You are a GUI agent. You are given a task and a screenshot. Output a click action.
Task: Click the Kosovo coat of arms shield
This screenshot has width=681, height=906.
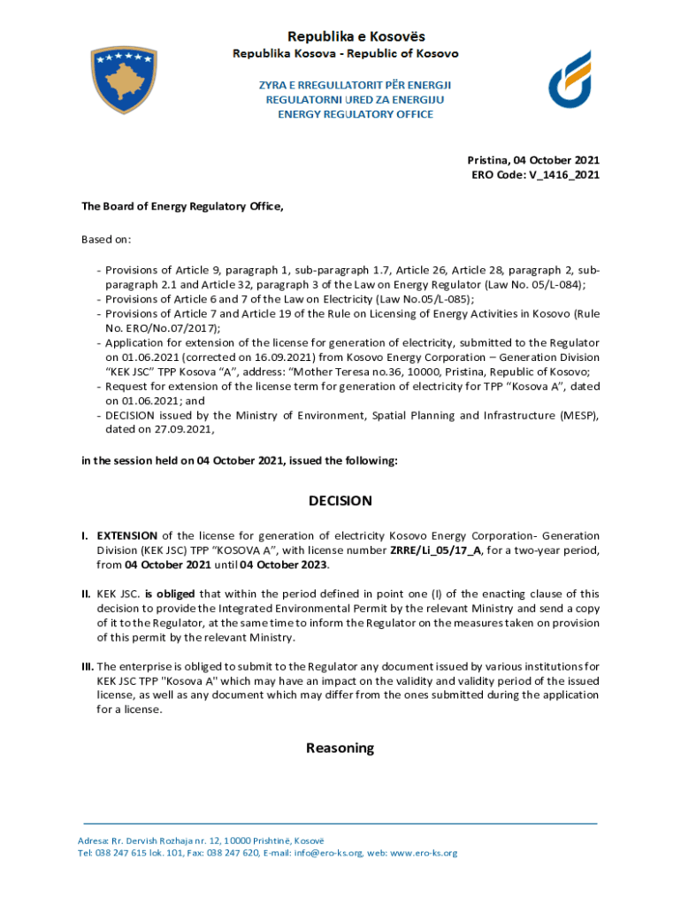click(x=125, y=81)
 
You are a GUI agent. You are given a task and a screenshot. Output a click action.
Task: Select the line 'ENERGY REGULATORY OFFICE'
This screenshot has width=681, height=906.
click(x=356, y=114)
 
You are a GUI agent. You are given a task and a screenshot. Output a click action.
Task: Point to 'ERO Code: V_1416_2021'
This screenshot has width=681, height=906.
click(x=535, y=175)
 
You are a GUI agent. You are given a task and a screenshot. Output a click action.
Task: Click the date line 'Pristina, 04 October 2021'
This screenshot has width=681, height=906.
click(x=533, y=160)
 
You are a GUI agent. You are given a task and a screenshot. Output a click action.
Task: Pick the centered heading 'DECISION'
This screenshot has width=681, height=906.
click(x=340, y=501)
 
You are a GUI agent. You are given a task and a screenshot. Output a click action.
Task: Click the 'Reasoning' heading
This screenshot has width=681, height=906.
click(x=340, y=749)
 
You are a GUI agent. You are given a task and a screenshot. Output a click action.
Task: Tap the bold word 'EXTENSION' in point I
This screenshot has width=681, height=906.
click(x=127, y=536)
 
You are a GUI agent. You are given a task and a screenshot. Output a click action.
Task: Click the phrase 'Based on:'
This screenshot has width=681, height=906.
click(x=106, y=240)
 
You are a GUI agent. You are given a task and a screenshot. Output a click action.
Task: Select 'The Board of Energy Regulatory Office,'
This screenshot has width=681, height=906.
click(x=182, y=207)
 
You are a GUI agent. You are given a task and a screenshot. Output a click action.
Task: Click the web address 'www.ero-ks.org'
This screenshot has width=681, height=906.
click(x=425, y=853)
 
